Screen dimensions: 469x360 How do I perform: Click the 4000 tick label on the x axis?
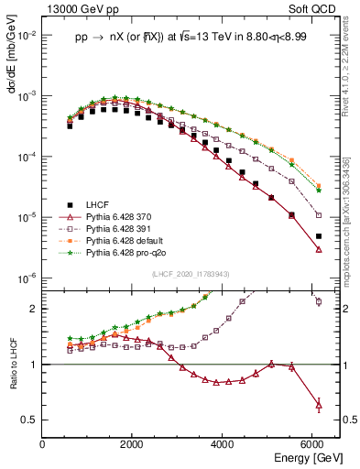(x=223, y=444)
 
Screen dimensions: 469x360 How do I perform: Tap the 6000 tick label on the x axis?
(x=312, y=444)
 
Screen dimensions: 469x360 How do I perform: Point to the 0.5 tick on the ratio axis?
(x=30, y=420)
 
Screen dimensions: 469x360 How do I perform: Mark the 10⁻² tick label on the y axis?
(x=27, y=35)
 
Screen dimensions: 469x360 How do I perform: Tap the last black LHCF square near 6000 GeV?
(x=318, y=236)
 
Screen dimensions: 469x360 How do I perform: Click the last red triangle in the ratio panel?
(x=318, y=404)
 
